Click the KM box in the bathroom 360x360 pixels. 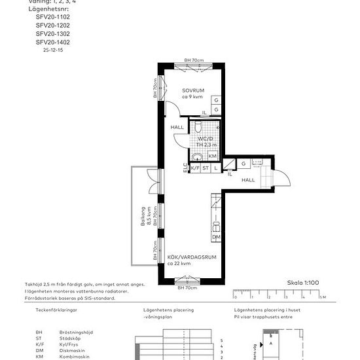[x=213, y=156]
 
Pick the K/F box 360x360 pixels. [x=194, y=168]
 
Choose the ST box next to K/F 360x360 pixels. [x=205, y=168]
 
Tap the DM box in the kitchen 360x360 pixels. [x=215, y=236]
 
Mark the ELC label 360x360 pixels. [x=185, y=168]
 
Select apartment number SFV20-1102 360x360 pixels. [x=52, y=16]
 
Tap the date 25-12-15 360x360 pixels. [x=54, y=50]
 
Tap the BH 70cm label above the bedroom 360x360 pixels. [x=194, y=60]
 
